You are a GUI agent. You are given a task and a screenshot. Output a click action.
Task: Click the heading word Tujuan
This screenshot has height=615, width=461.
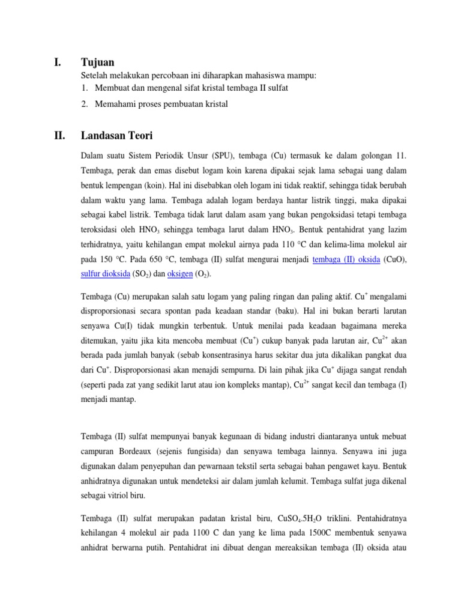click(x=97, y=62)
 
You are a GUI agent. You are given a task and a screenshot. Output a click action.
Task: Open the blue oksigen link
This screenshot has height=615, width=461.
click(x=179, y=273)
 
